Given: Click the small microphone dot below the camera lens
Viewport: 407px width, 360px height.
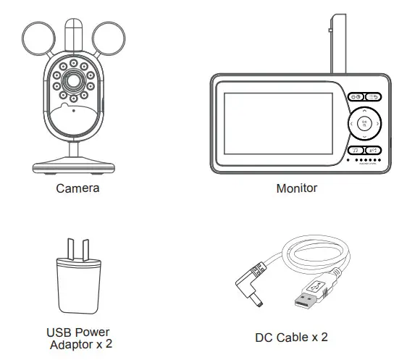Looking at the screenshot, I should (x=73, y=110).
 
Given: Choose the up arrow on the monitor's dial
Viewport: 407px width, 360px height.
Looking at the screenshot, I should (x=365, y=113).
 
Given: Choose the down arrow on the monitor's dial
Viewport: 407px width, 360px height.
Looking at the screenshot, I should (x=365, y=136).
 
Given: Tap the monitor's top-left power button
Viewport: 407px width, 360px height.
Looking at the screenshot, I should (x=355, y=97).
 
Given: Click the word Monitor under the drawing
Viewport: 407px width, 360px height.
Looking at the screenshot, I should (x=297, y=188).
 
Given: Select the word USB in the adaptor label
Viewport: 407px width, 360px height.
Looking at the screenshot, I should (x=61, y=333).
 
